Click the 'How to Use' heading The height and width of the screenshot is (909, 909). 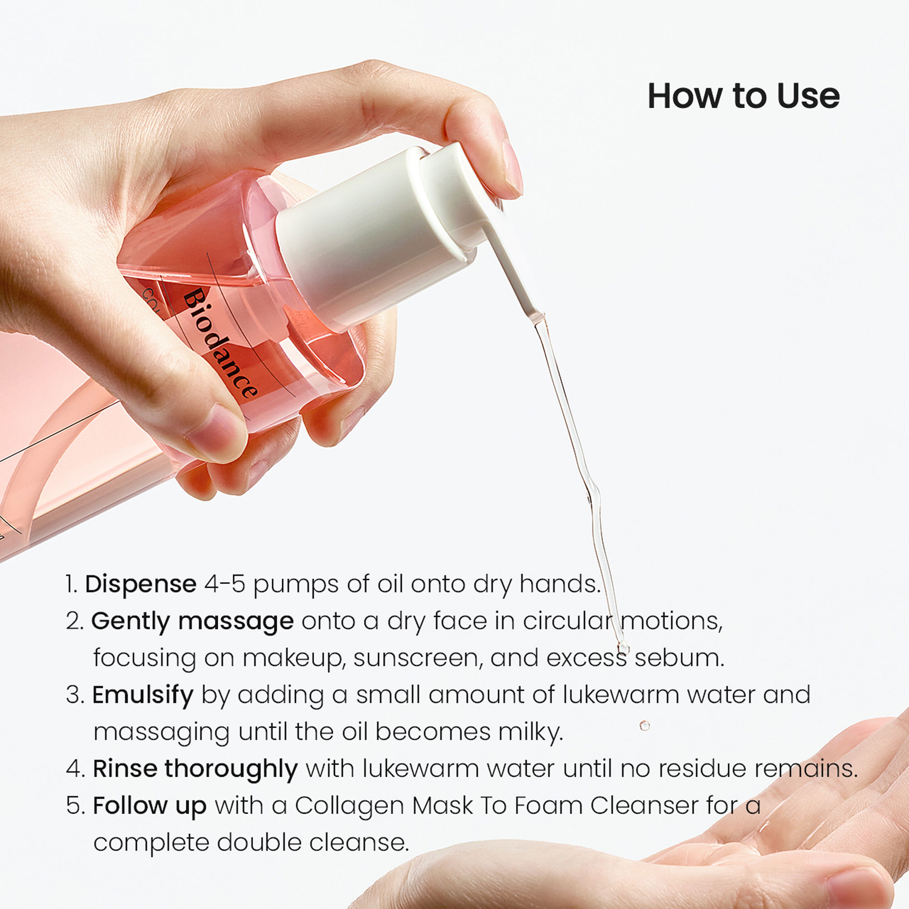[x=743, y=96]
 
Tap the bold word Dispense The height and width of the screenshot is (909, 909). [x=140, y=584]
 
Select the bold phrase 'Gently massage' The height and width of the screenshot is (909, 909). [x=192, y=621]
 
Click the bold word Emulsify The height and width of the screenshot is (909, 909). [x=143, y=695]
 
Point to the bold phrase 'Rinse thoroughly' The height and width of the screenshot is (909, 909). [x=195, y=769]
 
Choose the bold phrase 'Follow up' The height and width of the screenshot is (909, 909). [x=149, y=805]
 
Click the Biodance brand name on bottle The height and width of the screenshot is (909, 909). [x=220, y=344]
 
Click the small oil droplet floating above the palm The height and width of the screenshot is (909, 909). [x=644, y=725]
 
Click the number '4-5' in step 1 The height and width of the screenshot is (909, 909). [x=225, y=584]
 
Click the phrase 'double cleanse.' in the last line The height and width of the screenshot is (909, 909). [x=312, y=842]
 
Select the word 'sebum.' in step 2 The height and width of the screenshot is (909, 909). [x=679, y=658]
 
